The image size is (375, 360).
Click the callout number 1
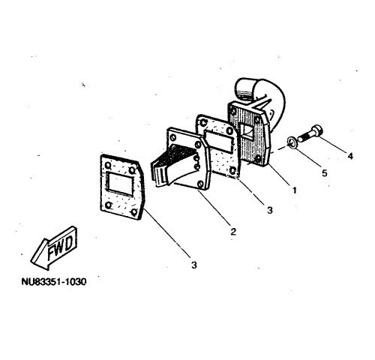[x=295, y=190]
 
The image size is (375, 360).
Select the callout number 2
[x=233, y=232]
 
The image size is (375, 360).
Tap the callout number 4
[x=350, y=156]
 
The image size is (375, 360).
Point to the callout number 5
[x=325, y=173]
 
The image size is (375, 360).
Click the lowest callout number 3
[x=194, y=265]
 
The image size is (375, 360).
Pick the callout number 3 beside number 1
[x=270, y=210]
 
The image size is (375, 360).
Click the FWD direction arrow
[x=54, y=248]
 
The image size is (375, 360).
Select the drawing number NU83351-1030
[x=54, y=282]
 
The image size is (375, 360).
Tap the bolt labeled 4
[x=310, y=133]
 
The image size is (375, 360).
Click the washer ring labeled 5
[x=292, y=142]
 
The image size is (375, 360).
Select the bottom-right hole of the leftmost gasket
[x=134, y=212]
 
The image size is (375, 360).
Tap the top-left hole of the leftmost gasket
[x=108, y=165]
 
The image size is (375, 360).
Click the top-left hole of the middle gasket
[x=204, y=122]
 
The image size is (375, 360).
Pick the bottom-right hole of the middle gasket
[x=232, y=170]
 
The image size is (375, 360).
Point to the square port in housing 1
[x=247, y=133]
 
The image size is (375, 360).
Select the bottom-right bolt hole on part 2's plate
[x=200, y=184]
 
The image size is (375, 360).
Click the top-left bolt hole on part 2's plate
[x=173, y=137]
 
